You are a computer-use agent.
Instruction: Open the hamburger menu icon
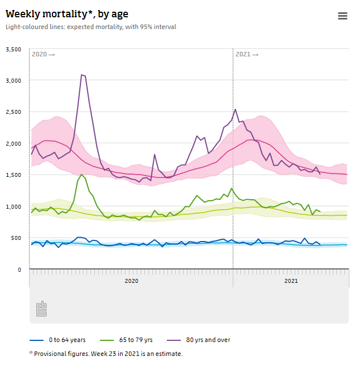[x=343, y=16]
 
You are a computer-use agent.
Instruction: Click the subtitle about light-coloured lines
[x=91, y=27]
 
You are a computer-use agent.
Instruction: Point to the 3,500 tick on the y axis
[x=13, y=50]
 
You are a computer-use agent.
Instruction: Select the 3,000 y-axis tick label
[x=13, y=81]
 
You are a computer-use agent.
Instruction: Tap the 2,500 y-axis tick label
[x=13, y=112]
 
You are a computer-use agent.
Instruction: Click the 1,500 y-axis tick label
[x=13, y=175]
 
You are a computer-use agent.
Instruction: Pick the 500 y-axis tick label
[x=16, y=238]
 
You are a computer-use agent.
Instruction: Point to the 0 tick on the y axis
[x=20, y=269]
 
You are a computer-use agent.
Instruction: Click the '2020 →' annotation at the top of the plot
[x=43, y=54]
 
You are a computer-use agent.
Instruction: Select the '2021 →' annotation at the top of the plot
[x=247, y=54]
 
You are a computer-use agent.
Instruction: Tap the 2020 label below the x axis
[x=131, y=281]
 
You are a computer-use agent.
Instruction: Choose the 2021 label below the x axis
[x=291, y=281]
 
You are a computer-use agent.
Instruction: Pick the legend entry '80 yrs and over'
[x=208, y=340]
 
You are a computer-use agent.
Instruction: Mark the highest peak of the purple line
[x=82, y=74]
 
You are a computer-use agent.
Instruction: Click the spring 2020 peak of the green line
[x=82, y=174]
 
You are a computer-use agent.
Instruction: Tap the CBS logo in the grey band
[x=41, y=309]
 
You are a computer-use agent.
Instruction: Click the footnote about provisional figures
[x=105, y=353]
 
